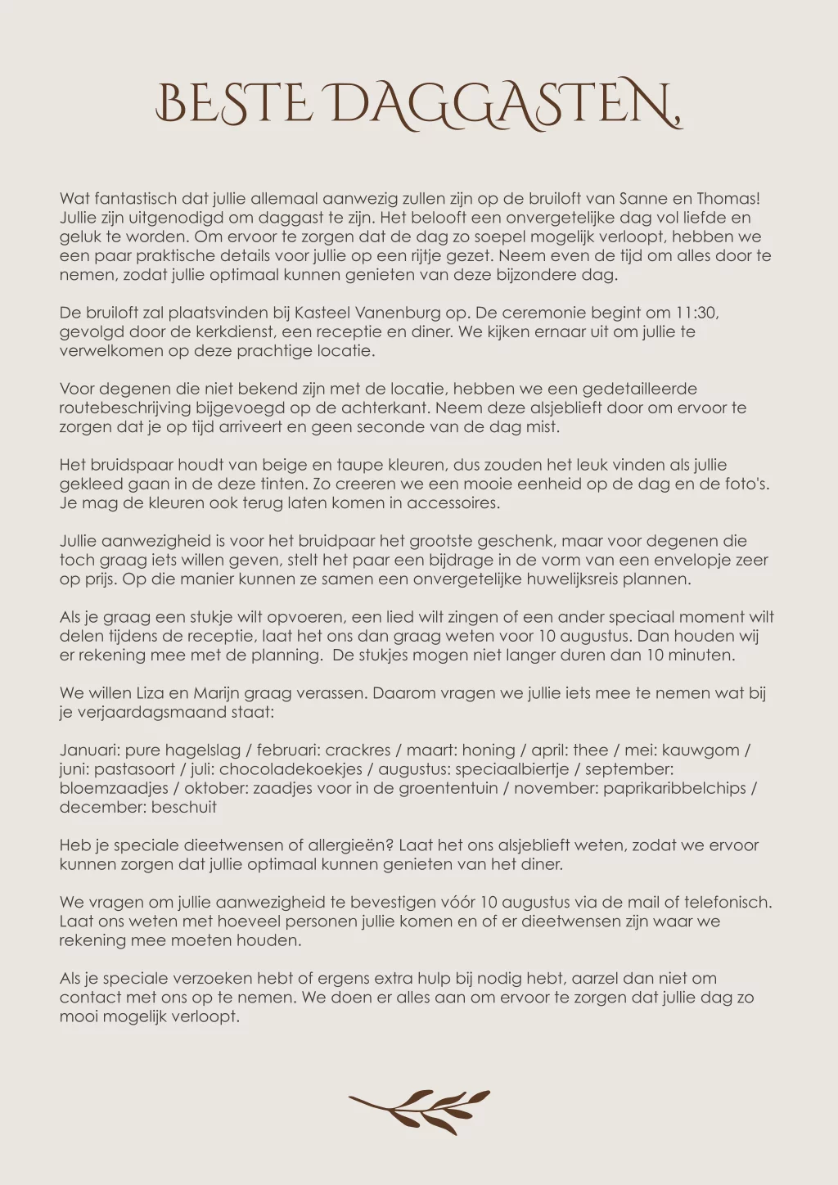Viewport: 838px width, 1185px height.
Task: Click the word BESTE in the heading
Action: click(233, 105)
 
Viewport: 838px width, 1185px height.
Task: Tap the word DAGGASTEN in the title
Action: click(505, 105)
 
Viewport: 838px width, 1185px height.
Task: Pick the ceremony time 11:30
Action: click(696, 313)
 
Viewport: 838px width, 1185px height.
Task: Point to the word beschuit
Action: click(184, 807)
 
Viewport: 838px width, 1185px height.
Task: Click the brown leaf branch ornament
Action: click(419, 1111)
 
